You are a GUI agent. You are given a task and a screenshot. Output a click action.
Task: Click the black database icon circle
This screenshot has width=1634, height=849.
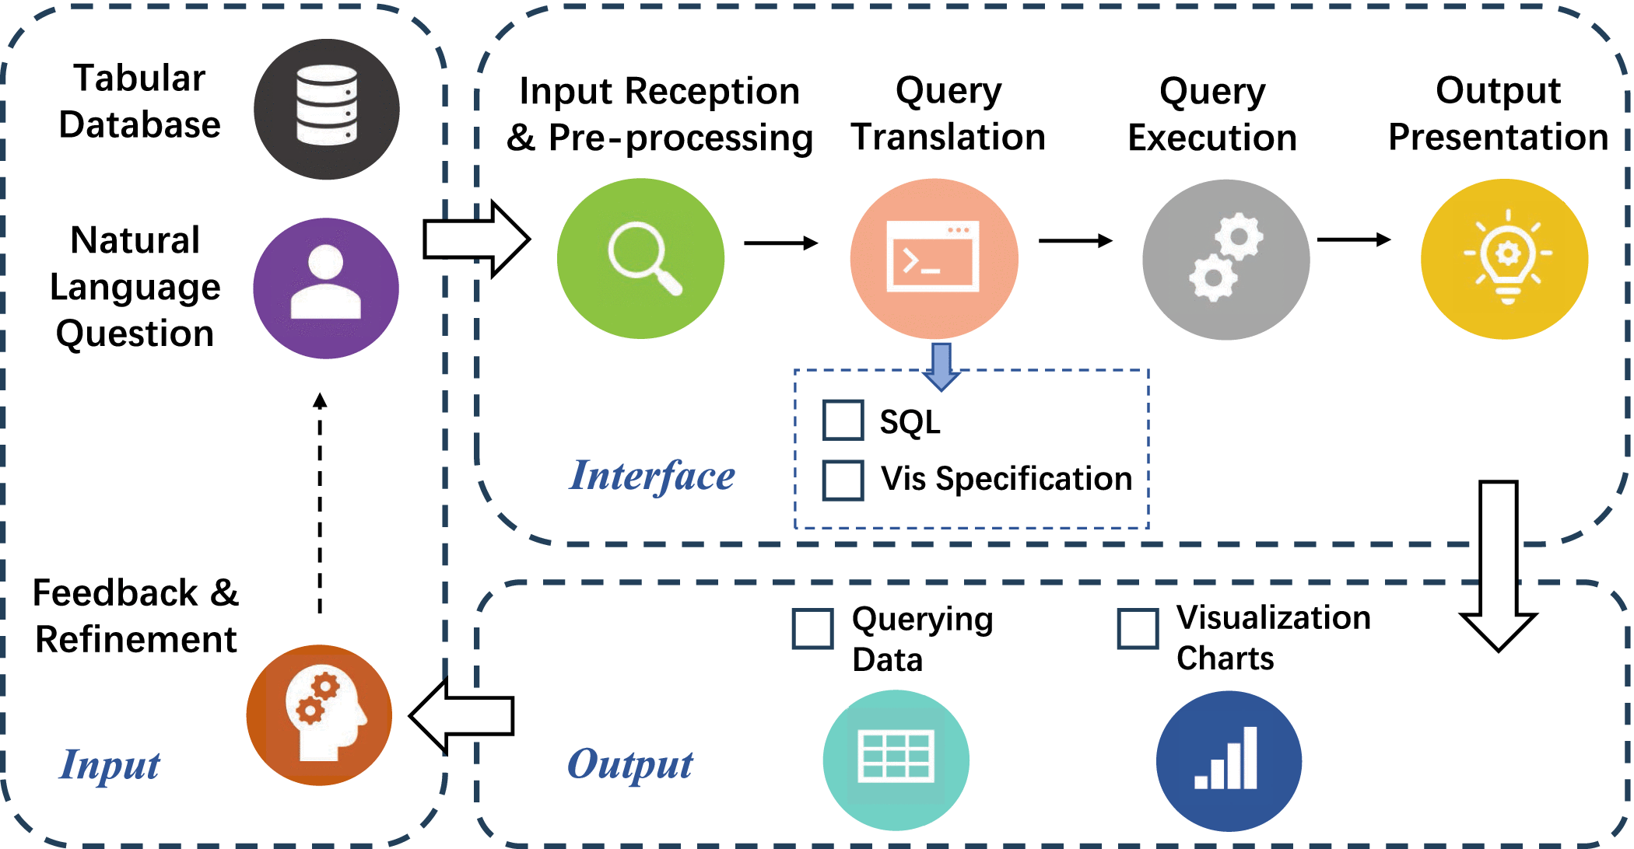(x=327, y=109)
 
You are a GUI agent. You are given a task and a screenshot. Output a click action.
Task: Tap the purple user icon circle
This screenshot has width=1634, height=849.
(x=326, y=288)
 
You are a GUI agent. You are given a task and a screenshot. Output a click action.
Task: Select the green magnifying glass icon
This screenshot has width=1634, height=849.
(x=640, y=258)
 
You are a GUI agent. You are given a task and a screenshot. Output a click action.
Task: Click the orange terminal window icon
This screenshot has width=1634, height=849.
(x=934, y=258)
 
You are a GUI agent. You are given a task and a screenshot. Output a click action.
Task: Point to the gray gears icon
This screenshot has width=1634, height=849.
(x=1225, y=260)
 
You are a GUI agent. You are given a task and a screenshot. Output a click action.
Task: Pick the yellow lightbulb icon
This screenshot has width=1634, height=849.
(x=1504, y=259)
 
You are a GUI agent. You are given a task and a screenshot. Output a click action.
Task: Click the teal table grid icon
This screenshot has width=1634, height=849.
(x=896, y=760)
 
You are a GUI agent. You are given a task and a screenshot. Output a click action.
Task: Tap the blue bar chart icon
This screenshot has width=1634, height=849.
(x=1229, y=760)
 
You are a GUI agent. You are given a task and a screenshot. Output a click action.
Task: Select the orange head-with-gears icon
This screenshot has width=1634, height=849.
(x=319, y=715)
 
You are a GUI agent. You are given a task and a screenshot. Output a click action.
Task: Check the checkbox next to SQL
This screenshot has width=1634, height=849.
(x=843, y=420)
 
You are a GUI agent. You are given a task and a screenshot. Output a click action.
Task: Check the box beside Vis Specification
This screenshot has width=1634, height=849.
(x=843, y=480)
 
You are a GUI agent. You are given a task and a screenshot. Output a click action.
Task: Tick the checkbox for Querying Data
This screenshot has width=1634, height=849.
(x=812, y=628)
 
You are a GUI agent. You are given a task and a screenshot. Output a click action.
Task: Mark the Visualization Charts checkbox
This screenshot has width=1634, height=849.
(x=1138, y=628)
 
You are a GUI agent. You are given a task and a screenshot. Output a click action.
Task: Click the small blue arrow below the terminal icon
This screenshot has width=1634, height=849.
(x=941, y=366)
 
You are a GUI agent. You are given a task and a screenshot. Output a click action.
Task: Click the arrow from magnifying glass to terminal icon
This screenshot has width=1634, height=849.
(x=781, y=243)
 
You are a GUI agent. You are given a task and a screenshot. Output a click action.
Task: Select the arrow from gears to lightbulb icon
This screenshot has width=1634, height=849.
(x=1354, y=239)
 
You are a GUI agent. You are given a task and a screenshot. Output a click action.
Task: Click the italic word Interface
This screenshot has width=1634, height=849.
(x=652, y=476)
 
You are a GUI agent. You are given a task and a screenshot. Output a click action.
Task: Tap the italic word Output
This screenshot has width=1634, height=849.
(x=629, y=764)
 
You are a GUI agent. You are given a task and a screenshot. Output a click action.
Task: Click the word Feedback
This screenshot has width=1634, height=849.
(x=115, y=592)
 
